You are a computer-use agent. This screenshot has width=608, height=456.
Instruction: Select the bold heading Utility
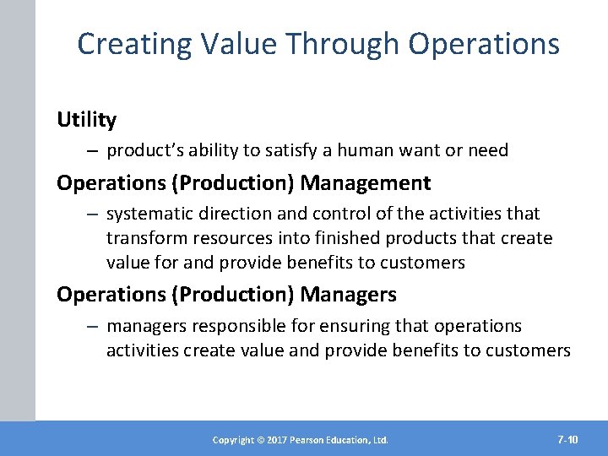tap(86, 121)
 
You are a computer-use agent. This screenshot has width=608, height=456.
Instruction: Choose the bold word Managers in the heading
tap(349, 295)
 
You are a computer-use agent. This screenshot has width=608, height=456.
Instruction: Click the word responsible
tap(227, 326)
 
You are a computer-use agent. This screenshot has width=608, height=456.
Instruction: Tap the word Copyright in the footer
tap(232, 440)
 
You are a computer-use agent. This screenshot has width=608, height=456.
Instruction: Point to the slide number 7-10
tap(567, 439)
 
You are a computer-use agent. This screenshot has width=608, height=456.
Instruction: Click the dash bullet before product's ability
tap(90, 151)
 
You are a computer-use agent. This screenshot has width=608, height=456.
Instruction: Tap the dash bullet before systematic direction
tap(90, 214)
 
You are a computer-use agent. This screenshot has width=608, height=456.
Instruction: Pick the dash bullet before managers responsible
tap(90, 326)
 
